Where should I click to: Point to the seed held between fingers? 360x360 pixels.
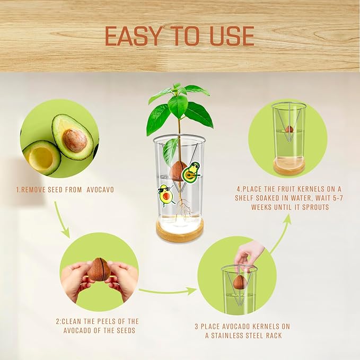click(99, 269)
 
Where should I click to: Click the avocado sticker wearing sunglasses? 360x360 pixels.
click(165, 196)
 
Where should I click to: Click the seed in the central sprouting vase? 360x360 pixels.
click(178, 171)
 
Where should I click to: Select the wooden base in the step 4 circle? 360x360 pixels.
click(289, 166)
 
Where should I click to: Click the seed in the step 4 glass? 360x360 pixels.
click(289, 129)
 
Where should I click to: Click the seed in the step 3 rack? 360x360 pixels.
click(239, 282)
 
